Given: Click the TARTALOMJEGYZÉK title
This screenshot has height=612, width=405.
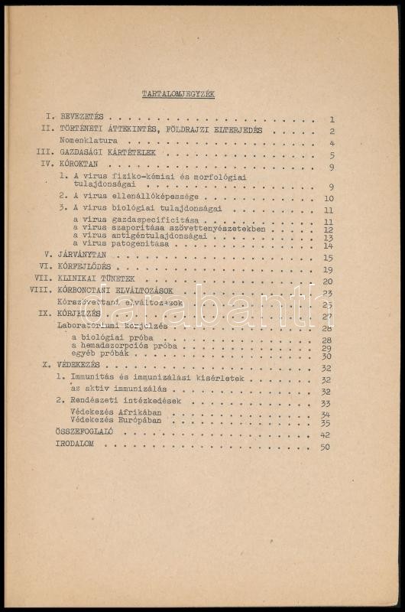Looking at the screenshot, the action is coord(179,94).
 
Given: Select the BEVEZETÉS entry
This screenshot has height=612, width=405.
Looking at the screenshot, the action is coord(85,119).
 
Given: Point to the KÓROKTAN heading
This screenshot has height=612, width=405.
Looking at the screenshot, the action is coord(81,166).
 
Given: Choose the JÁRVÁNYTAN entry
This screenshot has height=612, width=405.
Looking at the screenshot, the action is coord(84,258).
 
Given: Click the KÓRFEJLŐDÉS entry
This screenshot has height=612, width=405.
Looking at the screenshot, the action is coord(86,269).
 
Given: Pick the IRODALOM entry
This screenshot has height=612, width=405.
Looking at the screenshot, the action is coord(79,446).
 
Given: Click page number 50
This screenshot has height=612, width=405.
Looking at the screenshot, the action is coord(326,447).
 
